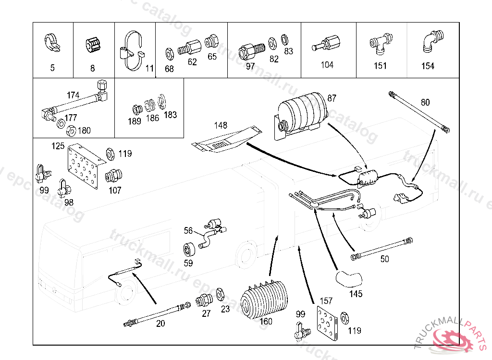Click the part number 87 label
tap(332, 98)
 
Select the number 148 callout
tap(221, 126)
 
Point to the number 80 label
tap(425, 102)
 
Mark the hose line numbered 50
tap(383, 248)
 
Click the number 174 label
tap(73, 95)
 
